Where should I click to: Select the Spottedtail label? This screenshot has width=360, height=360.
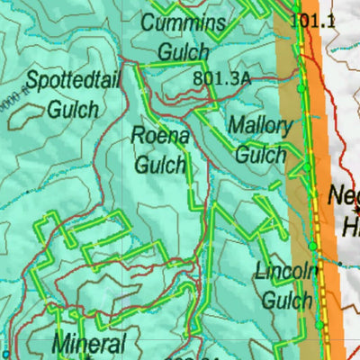point(72,80)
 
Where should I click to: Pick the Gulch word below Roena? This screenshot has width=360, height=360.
point(160,165)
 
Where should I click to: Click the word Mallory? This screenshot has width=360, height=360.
point(260,124)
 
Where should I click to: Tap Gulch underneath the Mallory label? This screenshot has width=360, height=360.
point(261,154)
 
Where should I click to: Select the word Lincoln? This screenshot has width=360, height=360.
point(287,270)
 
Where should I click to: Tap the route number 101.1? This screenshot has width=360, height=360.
point(314,18)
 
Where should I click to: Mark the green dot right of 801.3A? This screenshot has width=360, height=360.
point(299,90)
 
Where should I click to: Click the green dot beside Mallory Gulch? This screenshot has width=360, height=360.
point(306,166)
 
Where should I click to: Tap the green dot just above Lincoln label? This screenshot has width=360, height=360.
point(312,246)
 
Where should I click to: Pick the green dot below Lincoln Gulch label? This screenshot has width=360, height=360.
point(319,325)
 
